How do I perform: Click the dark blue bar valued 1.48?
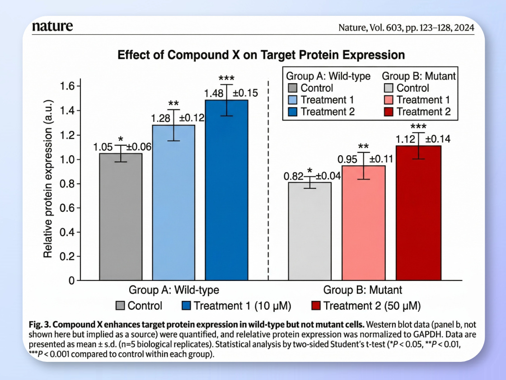pos(226,190)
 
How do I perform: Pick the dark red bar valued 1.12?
pos(418,213)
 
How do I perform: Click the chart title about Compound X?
pos(261,55)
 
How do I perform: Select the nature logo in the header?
pos(52,27)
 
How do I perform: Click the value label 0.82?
pos(293,176)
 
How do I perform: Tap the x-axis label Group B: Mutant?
pos(362,290)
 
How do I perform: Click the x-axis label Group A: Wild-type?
pos(174,290)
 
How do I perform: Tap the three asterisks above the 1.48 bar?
pos(226,78)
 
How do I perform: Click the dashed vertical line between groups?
pos(269,181)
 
